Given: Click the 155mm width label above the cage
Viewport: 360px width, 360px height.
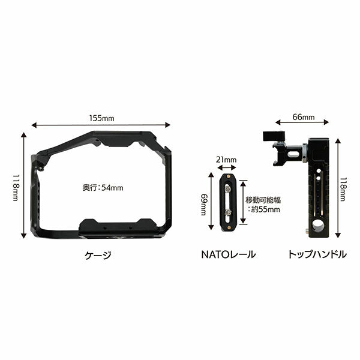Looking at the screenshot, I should coord(102,118).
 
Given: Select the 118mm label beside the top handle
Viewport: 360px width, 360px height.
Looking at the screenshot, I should coord(343,188).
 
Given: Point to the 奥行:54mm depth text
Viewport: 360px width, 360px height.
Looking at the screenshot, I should coord(103,188).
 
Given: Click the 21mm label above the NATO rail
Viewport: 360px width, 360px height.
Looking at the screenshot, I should coord(229,160).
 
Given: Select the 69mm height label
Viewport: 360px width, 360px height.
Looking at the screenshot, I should coord(204,203).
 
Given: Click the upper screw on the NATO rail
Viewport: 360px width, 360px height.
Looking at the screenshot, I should coord(229,188).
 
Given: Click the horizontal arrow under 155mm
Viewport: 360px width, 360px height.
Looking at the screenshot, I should coord(101,125).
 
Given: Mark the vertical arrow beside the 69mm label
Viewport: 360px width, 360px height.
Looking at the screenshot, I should coord(211,203).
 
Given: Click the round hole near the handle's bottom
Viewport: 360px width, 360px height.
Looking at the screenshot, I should coord(316,228).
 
